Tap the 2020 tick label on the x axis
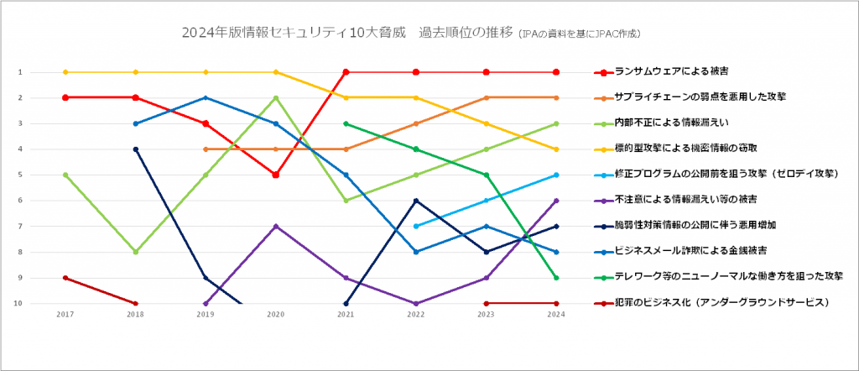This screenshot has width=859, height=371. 276,315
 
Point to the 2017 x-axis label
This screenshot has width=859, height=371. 65,315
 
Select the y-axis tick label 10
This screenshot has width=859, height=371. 18,303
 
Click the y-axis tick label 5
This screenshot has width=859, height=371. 18,175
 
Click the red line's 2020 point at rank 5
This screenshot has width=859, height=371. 276,175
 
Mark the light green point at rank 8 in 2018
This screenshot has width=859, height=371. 136,252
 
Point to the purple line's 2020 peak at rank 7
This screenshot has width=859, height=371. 276,226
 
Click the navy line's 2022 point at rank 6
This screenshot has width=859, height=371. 416,201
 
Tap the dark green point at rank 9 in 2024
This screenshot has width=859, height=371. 557,278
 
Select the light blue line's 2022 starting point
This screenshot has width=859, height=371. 416,226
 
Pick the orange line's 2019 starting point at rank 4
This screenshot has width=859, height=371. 206,149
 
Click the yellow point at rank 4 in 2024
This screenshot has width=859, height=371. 557,149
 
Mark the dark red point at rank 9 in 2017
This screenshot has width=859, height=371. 65,278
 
